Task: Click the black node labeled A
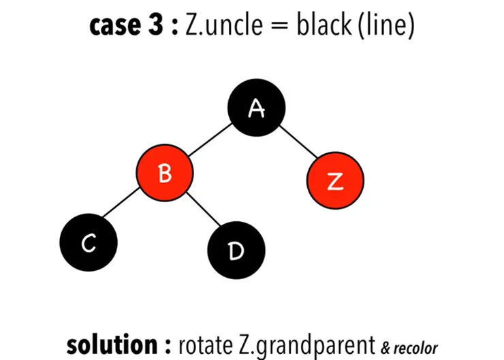click(x=257, y=108)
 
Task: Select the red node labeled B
click(x=165, y=174)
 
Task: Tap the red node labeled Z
click(x=334, y=180)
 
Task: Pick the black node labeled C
click(x=89, y=243)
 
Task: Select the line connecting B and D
click(x=202, y=213)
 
